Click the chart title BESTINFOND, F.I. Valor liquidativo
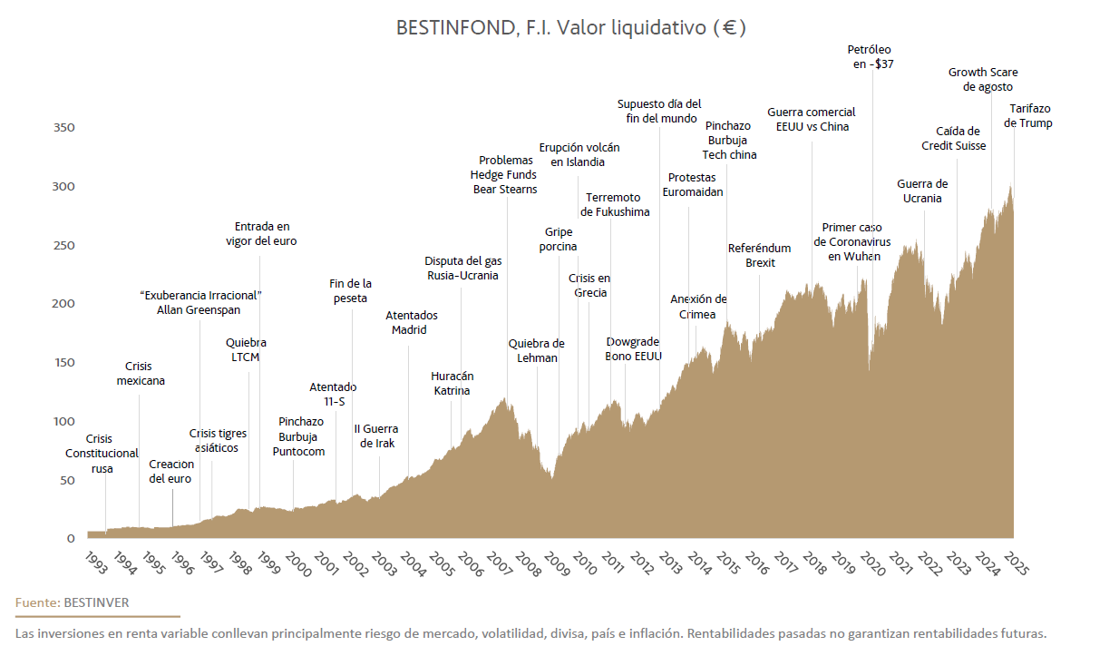click(x=570, y=27)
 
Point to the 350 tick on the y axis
click(x=63, y=128)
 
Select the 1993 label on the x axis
click(x=96, y=562)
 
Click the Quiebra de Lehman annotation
click(x=536, y=350)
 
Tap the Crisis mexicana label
click(x=141, y=373)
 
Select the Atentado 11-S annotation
click(x=333, y=394)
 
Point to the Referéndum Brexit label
click(x=759, y=255)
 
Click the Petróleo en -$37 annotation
click(x=871, y=57)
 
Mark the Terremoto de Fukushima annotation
click(x=615, y=204)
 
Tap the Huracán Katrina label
click(x=452, y=383)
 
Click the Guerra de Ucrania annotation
click(x=922, y=191)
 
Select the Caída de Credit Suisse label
click(x=953, y=138)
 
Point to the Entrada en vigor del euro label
click(x=261, y=233)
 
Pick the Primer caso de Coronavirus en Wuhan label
click(x=851, y=241)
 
